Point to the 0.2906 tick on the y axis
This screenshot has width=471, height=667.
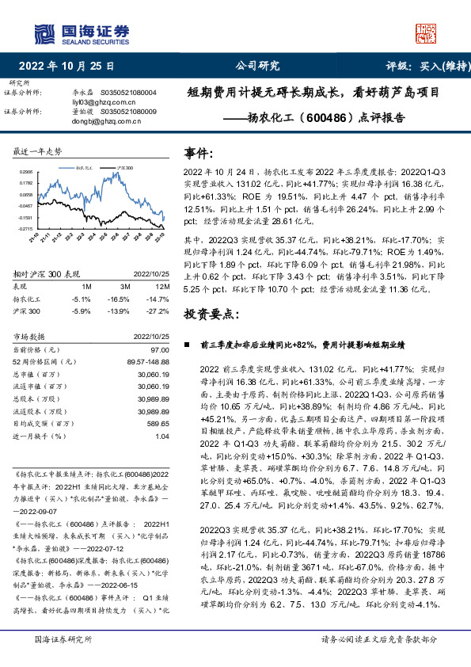click(26, 171)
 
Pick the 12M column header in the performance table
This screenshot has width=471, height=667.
click(163, 284)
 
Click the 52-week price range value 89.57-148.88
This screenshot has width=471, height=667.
click(147, 361)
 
